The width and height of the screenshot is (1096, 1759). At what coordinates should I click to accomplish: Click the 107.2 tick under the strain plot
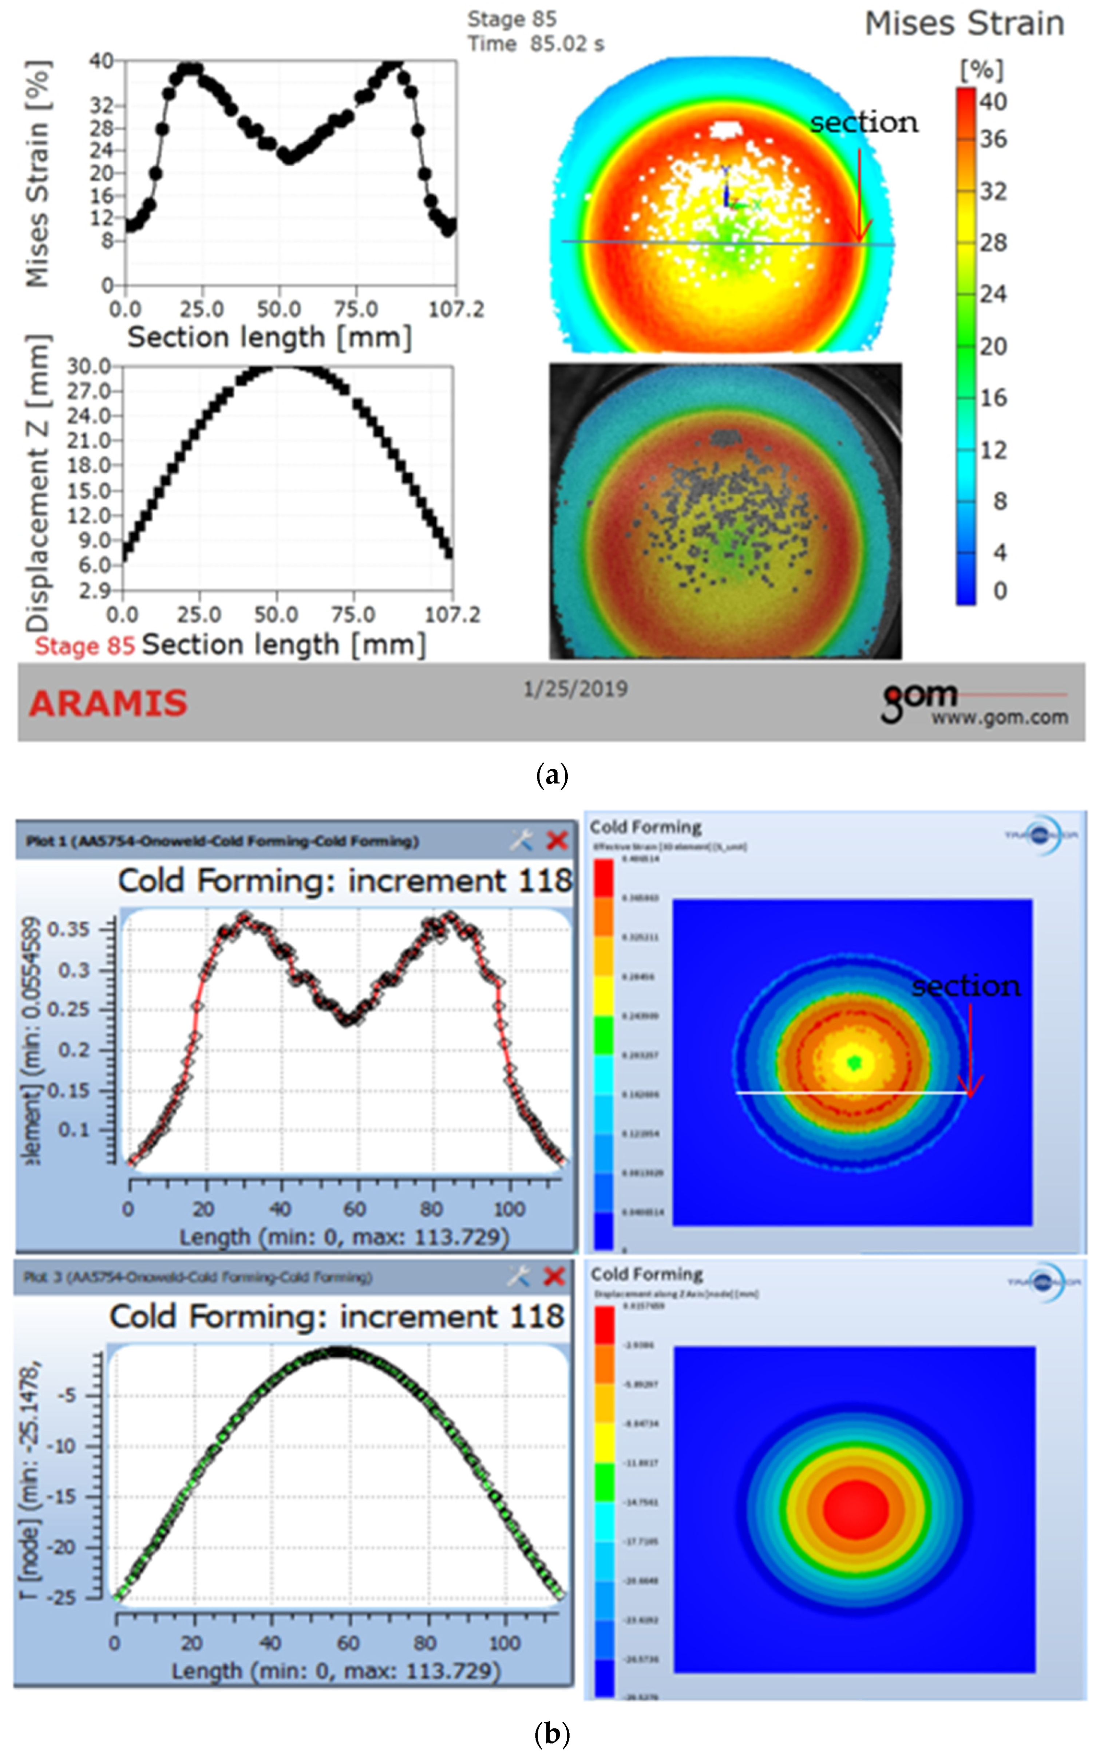[456, 309]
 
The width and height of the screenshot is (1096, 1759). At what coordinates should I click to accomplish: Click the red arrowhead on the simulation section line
[970, 1088]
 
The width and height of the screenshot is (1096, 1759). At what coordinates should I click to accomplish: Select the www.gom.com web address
[1000, 718]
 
